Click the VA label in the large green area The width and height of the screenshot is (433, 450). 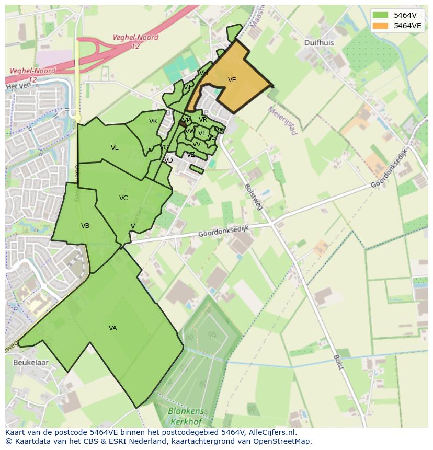113,328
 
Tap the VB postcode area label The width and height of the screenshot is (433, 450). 85,226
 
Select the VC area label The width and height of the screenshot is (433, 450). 123,198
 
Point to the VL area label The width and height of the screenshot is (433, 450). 115,148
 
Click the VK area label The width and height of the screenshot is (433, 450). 153,121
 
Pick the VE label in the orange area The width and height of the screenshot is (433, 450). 232,80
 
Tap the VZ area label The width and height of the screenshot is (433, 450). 191,154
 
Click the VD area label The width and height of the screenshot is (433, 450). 168,160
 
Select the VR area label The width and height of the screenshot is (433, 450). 203,120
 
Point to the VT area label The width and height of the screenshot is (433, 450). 202,133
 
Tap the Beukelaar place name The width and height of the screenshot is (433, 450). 31,362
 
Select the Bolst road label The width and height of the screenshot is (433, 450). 338,362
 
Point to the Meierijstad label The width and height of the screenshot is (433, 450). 283,121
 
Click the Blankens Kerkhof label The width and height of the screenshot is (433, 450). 186,416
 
